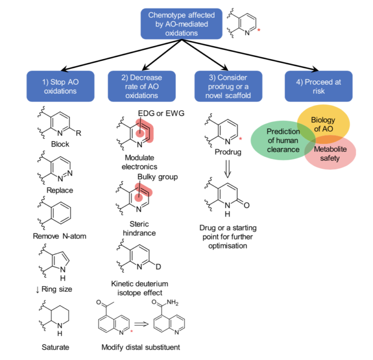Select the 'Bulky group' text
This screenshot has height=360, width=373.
pos(157,177)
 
